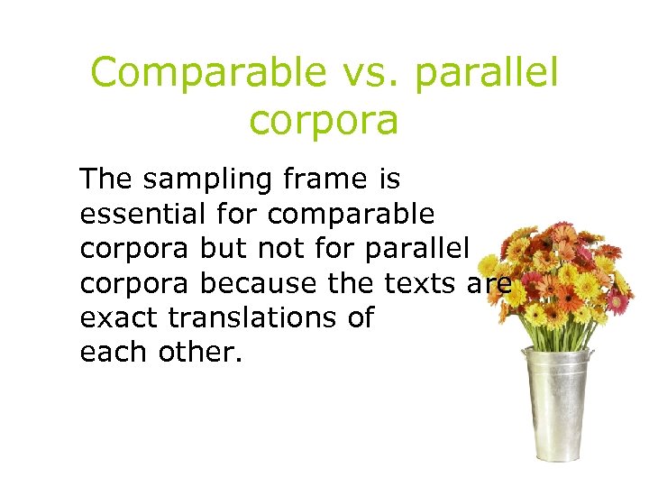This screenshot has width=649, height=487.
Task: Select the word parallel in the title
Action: pos(486,73)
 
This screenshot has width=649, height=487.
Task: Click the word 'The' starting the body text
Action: pos(105,179)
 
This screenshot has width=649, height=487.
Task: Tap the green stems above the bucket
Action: pos(555,329)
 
